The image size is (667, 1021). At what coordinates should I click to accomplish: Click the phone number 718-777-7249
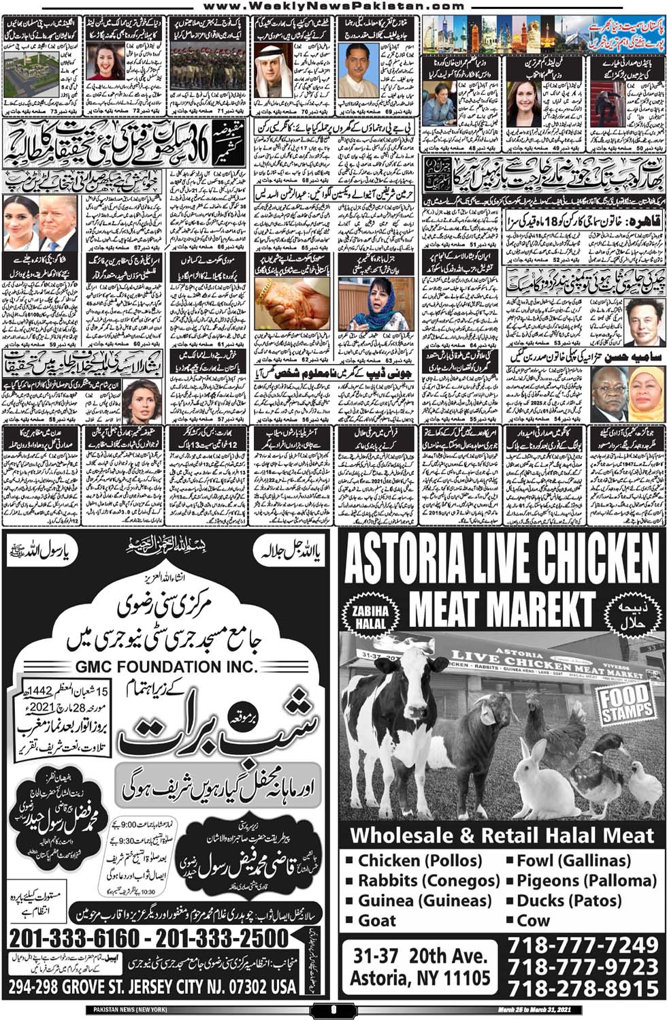click(x=583, y=945)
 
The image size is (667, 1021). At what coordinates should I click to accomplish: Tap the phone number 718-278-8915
click(x=583, y=988)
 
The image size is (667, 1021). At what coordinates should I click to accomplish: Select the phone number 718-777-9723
click(x=583, y=967)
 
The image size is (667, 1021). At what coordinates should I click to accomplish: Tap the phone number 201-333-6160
click(x=75, y=939)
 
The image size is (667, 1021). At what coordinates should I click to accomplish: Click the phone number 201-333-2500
click(x=222, y=939)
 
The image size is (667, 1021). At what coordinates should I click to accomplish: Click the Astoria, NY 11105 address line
click(x=420, y=978)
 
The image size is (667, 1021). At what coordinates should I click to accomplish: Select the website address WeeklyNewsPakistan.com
click(x=333, y=5)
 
